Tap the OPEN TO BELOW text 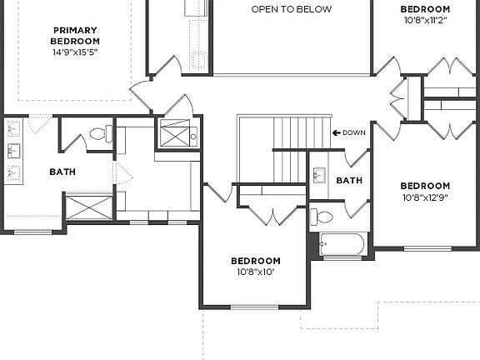[291, 10]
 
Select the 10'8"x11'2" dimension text [425, 21]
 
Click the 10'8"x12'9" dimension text [425, 197]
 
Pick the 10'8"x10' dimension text [256, 272]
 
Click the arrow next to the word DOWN [337, 132]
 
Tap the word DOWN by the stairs [354, 132]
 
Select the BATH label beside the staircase [349, 180]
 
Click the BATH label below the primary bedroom [62, 172]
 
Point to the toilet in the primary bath [99, 133]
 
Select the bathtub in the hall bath [342, 245]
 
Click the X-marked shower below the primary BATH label [88, 206]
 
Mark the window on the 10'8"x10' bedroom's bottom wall [255, 307]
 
